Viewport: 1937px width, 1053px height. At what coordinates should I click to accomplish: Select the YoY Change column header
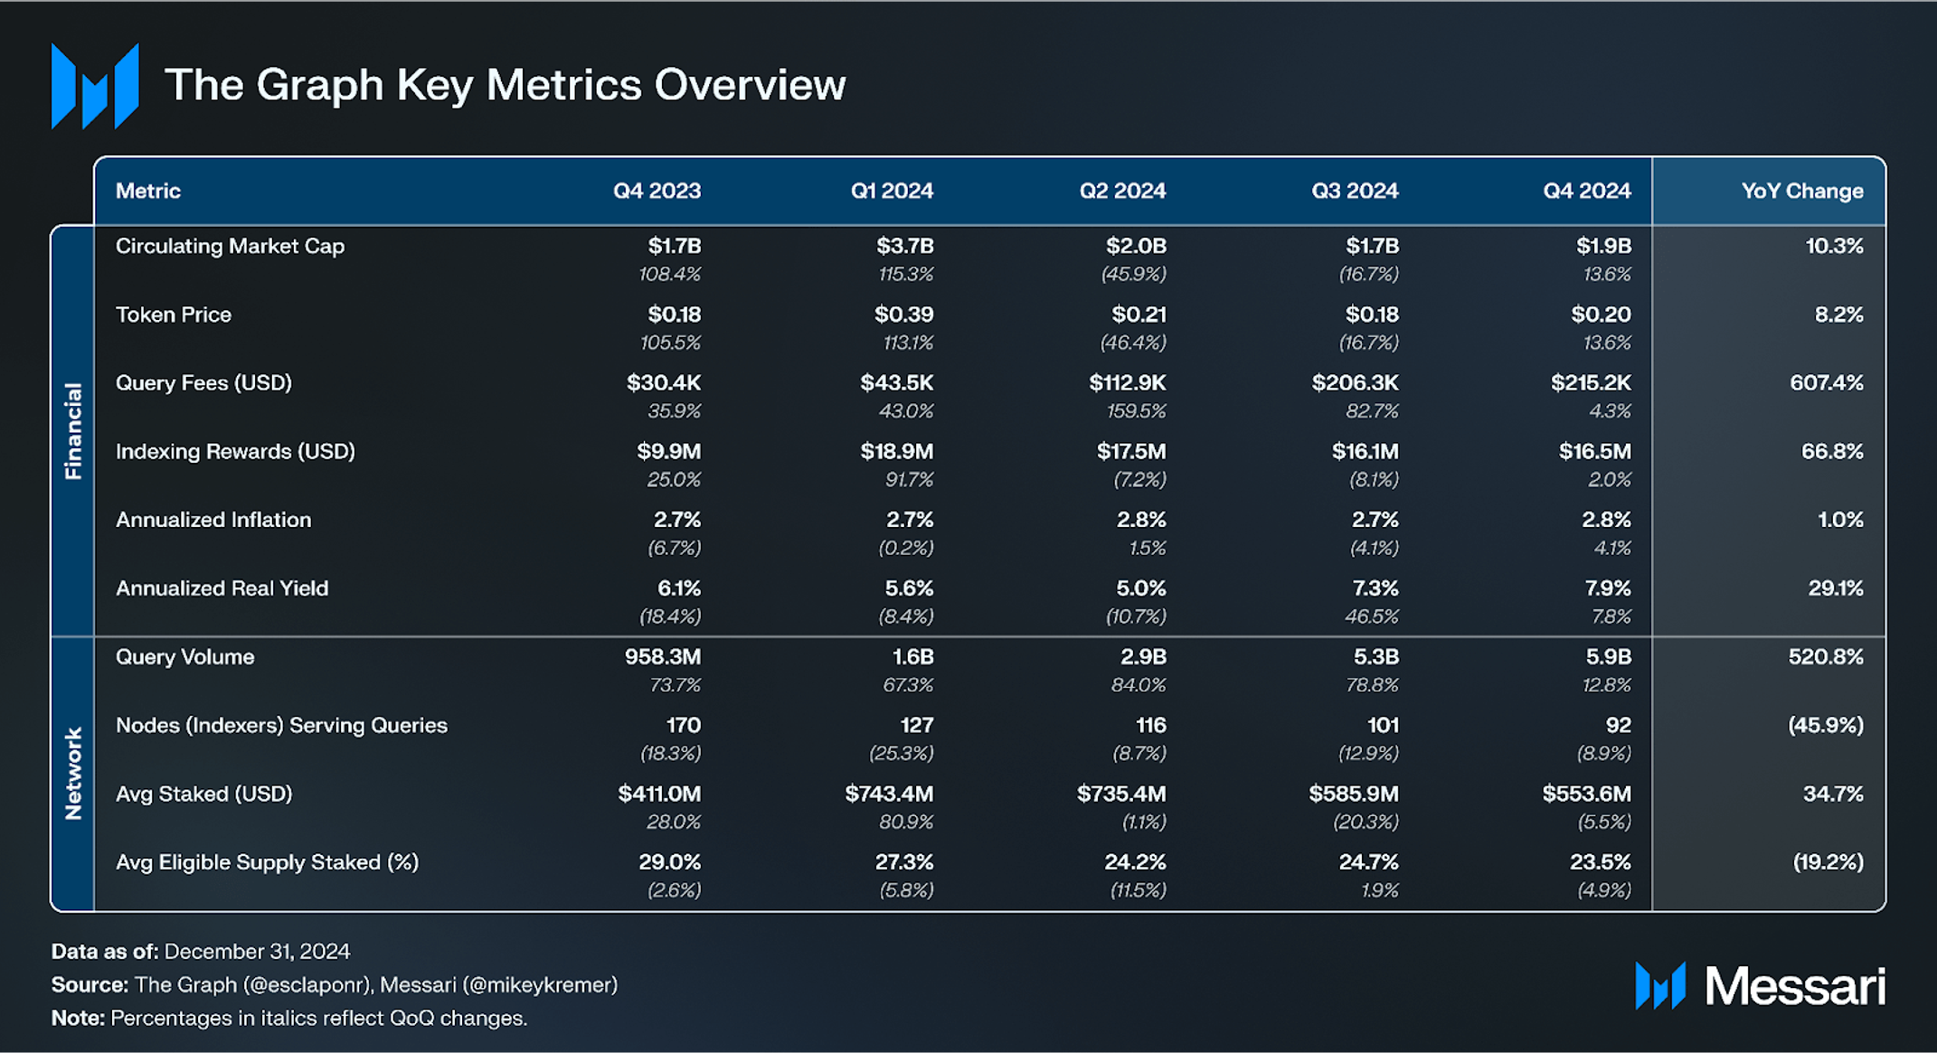pyautogui.click(x=1801, y=191)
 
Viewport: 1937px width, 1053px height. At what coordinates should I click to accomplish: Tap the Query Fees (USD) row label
pyautogui.click(x=203, y=382)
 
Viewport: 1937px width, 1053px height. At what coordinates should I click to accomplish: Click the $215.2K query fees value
pyautogui.click(x=1591, y=382)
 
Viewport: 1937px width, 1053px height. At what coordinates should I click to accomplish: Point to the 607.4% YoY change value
pyautogui.click(x=1826, y=382)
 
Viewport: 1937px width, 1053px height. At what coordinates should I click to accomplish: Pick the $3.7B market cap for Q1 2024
pyautogui.click(x=904, y=246)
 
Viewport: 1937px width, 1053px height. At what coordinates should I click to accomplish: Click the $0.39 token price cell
pyautogui.click(x=903, y=315)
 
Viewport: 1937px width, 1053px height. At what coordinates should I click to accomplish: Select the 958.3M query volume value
pyautogui.click(x=662, y=657)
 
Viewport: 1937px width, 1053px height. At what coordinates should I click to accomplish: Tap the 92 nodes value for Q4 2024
pyautogui.click(x=1618, y=725)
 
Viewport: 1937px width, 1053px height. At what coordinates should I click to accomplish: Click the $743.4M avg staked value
pyautogui.click(x=889, y=794)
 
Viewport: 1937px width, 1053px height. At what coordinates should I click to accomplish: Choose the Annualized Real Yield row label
pyautogui.click(x=222, y=588)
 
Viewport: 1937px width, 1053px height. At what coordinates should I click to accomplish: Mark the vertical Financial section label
pyautogui.click(x=73, y=430)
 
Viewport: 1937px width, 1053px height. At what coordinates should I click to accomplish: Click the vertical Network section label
pyautogui.click(x=73, y=774)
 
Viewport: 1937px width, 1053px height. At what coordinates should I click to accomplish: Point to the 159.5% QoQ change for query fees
pyautogui.click(x=1136, y=411)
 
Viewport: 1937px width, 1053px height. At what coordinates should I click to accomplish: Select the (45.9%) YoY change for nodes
pyautogui.click(x=1825, y=725)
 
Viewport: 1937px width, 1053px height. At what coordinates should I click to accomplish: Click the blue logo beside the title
pyautogui.click(x=95, y=86)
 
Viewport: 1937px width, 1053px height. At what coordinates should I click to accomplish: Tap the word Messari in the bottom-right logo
pyautogui.click(x=1794, y=985)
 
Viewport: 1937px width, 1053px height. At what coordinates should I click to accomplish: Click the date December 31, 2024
pyautogui.click(x=257, y=951)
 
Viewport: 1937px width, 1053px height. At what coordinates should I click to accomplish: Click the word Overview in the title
pyautogui.click(x=750, y=85)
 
